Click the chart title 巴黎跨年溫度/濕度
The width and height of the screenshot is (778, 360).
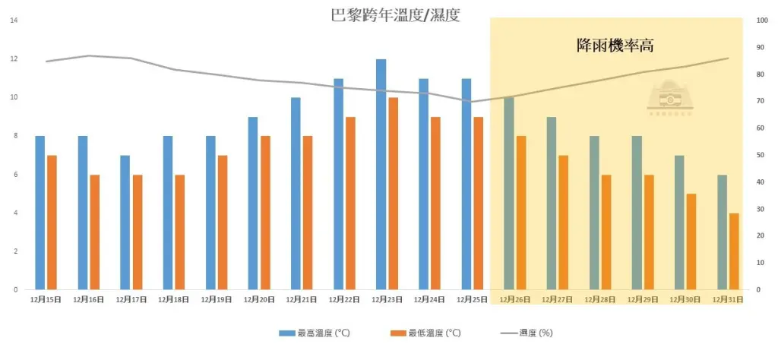tap(395, 14)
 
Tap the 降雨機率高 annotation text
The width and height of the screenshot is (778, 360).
tap(615, 46)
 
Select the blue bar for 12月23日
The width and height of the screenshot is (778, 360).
tap(381, 175)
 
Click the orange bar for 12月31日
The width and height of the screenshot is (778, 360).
tap(734, 251)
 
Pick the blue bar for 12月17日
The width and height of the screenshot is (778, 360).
tap(125, 223)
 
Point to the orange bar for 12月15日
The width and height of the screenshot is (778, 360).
tap(52, 223)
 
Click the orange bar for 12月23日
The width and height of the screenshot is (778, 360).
tap(393, 194)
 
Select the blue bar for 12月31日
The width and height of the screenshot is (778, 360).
tap(722, 232)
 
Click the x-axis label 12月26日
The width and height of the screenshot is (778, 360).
tap(514, 300)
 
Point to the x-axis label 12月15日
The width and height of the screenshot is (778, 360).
tap(46, 300)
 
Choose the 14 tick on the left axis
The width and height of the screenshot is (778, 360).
tap(14, 21)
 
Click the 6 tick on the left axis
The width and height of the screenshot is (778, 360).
tap(15, 175)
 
